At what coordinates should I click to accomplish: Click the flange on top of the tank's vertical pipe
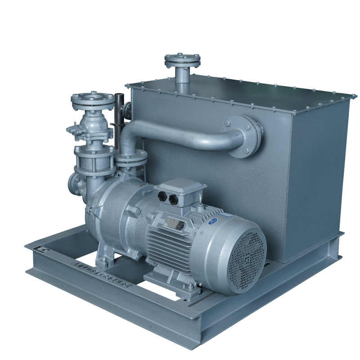(182, 60)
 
